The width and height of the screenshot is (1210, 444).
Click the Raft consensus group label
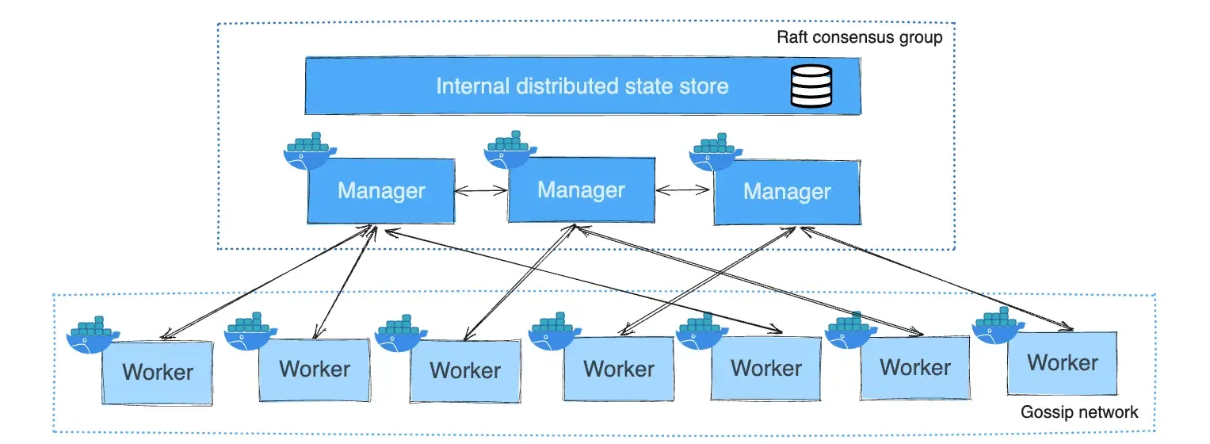(860, 37)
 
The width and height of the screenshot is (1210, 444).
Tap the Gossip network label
(1079, 411)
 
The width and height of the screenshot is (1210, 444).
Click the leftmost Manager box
(381, 191)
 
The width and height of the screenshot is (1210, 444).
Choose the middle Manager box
(581, 190)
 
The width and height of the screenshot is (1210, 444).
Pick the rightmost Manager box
(787, 192)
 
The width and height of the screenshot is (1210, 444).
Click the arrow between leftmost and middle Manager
(481, 191)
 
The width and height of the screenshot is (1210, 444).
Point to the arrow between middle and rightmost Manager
(684, 190)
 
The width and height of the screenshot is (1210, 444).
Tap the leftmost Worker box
(158, 372)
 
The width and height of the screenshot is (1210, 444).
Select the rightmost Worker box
(1062, 363)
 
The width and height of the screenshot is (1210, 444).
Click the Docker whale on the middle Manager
(511, 152)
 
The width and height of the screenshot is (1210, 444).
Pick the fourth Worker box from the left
(619, 369)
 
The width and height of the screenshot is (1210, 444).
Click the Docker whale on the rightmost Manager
(715, 154)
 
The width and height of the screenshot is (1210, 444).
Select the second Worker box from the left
(315, 369)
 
